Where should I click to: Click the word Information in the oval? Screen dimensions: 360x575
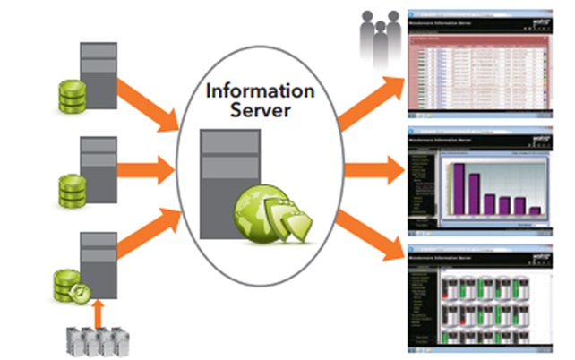[260, 91]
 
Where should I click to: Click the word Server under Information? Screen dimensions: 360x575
[260, 111]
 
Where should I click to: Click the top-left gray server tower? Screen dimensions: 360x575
[99, 73]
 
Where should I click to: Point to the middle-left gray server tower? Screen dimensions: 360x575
[99, 167]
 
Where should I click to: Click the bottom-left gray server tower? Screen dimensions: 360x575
[99, 263]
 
